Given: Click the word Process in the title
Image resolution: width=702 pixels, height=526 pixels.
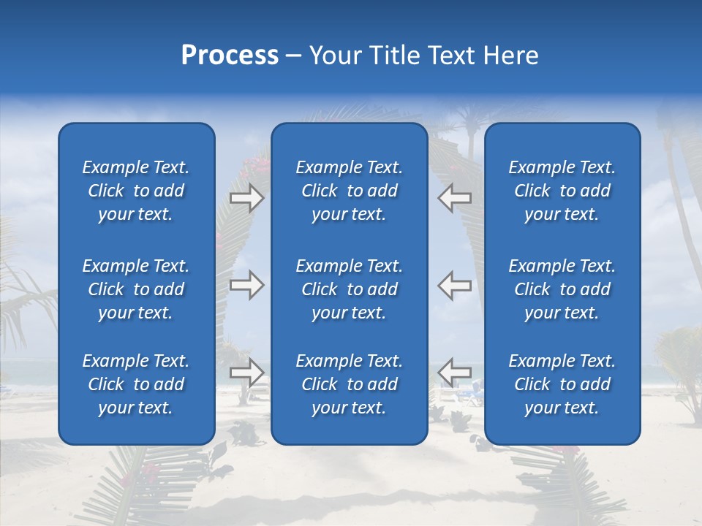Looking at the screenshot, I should pyautogui.click(x=230, y=56).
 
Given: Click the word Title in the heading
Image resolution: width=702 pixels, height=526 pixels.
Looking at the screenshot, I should pyautogui.click(x=393, y=56).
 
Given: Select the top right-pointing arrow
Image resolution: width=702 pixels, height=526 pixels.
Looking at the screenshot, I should pyautogui.click(x=246, y=198).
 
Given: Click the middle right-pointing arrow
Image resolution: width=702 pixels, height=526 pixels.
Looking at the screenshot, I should pyautogui.click(x=246, y=285).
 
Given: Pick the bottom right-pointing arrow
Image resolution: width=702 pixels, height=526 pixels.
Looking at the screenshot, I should pyautogui.click(x=246, y=373).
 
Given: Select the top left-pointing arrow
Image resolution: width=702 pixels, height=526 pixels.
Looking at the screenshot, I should pyautogui.click(x=454, y=198).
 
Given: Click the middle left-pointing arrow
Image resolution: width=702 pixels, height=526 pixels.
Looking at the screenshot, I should pyautogui.click(x=454, y=285).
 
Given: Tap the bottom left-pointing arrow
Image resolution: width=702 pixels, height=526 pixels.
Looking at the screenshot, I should pyautogui.click(x=454, y=373).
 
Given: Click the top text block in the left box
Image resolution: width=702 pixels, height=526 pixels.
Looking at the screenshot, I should pyautogui.click(x=136, y=191).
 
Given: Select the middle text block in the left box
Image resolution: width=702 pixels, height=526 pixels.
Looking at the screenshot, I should pyautogui.click(x=136, y=289).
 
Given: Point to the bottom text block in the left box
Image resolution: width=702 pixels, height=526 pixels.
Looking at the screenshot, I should pyautogui.click(x=136, y=384).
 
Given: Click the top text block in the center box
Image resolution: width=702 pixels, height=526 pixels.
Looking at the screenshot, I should pyautogui.click(x=349, y=191).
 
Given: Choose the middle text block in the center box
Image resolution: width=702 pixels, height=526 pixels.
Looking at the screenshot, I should pyautogui.click(x=349, y=289).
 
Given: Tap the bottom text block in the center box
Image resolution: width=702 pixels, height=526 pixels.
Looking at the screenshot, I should pyautogui.click(x=349, y=384).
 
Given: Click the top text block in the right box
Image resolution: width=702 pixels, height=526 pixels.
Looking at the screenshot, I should pyautogui.click(x=562, y=191).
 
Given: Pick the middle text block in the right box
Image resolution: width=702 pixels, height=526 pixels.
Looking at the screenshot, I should pyautogui.click(x=562, y=289).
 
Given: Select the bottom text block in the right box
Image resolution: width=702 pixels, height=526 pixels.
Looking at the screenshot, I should pyautogui.click(x=562, y=384).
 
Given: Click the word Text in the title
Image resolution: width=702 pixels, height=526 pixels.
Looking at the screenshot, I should pyautogui.click(x=451, y=56).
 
